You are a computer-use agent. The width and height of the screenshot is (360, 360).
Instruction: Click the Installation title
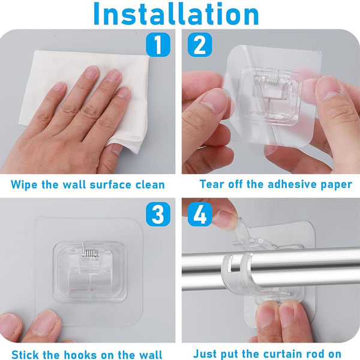[x=176, y=14]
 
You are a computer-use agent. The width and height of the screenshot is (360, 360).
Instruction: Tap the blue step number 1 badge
[x=158, y=45]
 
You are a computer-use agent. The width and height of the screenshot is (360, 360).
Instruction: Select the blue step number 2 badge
[x=200, y=45]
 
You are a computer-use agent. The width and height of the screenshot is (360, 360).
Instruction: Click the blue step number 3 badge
[x=158, y=214]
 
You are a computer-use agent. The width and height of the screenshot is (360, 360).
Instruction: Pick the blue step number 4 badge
[x=200, y=214]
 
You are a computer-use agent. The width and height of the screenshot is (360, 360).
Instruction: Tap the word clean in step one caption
[x=150, y=185]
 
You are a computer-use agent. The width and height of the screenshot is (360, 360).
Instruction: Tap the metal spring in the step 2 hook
[x=274, y=80]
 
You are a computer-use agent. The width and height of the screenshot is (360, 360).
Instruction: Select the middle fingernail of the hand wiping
[x=114, y=76]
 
